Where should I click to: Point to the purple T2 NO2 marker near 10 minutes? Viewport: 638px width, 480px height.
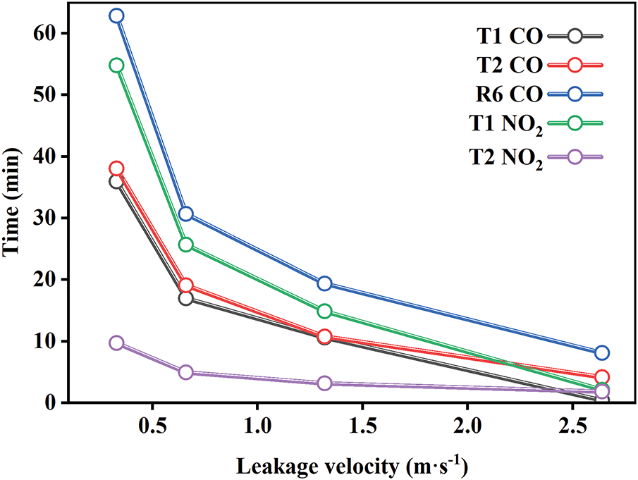pyautogui.click(x=116, y=343)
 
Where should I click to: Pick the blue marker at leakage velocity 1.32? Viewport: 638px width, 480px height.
pyautogui.click(x=324, y=283)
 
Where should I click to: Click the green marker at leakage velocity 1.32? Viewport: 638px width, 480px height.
pyautogui.click(x=324, y=311)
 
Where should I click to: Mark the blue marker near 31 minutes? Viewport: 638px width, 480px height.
pyautogui.click(x=186, y=214)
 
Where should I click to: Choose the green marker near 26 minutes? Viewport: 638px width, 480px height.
pyautogui.click(x=186, y=245)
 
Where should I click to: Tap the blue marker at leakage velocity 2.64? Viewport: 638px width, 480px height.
pyautogui.click(x=601, y=352)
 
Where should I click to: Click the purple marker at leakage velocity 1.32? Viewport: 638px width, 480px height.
pyautogui.click(x=324, y=383)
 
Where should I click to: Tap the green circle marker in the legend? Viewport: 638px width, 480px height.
pyautogui.click(x=575, y=123)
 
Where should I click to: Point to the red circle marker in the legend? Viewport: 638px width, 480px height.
pyautogui.click(x=575, y=64)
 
